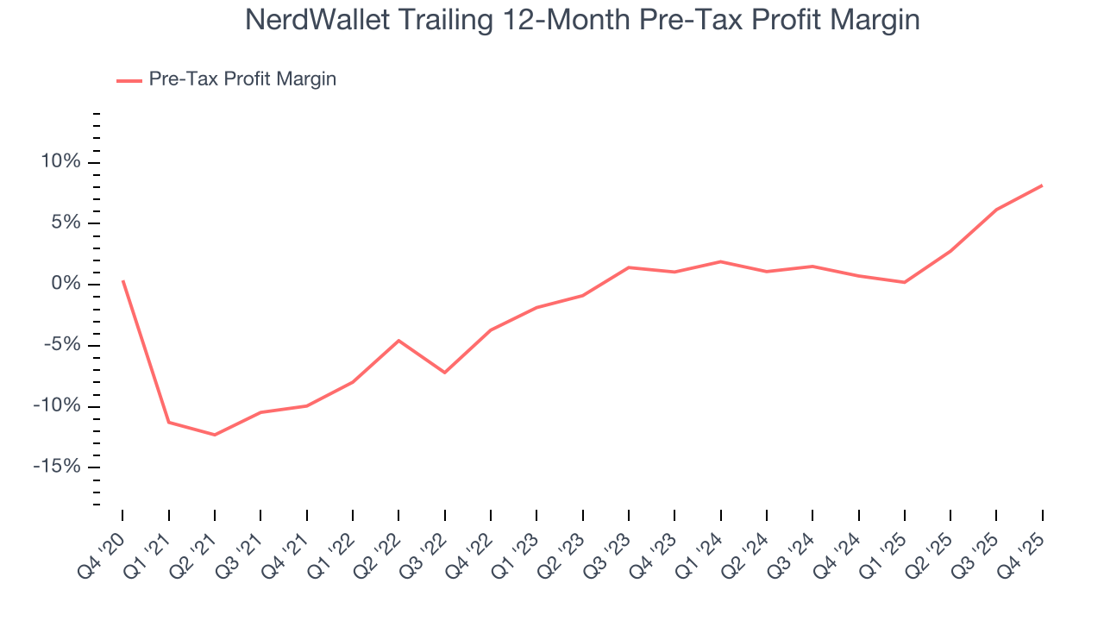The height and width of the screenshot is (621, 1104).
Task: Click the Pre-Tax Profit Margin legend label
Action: click(x=242, y=79)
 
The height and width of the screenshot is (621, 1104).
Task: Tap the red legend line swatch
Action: click(x=129, y=80)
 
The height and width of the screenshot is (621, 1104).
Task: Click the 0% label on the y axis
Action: click(x=66, y=285)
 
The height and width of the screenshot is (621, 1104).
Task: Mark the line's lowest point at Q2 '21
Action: click(x=215, y=435)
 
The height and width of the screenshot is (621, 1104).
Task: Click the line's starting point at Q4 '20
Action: click(x=122, y=280)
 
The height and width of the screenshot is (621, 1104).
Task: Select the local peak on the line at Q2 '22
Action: click(x=398, y=341)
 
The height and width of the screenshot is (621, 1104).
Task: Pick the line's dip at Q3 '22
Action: click(x=444, y=373)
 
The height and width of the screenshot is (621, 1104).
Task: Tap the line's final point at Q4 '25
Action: click(x=1042, y=185)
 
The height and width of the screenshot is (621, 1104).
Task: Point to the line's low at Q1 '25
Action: click(x=904, y=282)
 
